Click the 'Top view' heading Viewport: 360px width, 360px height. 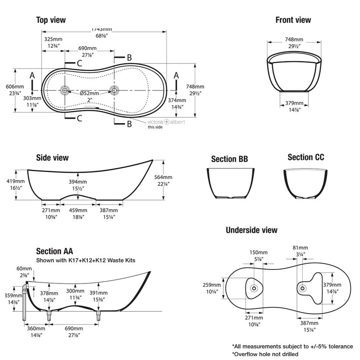tap(50, 20)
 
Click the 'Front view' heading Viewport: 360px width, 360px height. tap(293, 20)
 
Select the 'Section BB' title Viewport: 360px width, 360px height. tap(229, 159)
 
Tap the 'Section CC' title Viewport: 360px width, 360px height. tap(306, 157)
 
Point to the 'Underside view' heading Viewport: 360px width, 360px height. tap(252, 230)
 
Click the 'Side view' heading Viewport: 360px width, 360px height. tap(52, 158)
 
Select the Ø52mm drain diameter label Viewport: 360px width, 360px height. tap(89, 93)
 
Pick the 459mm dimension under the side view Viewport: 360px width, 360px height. tap(78, 210)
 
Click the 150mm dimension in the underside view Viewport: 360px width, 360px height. tap(258, 253)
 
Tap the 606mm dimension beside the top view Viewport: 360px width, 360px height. tap(23, 85)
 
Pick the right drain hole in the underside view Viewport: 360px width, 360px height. tap(302, 288)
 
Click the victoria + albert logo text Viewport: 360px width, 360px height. tap(166, 121)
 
